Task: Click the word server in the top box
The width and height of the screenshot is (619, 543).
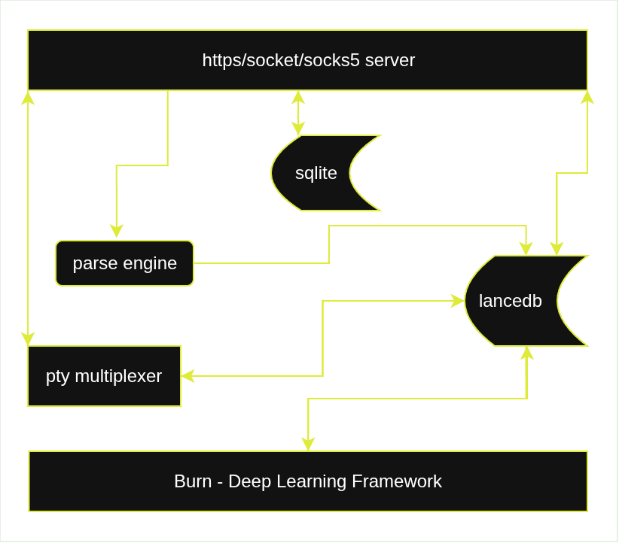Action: (389, 60)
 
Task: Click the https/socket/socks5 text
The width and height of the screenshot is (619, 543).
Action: (281, 60)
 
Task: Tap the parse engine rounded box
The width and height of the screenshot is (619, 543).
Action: (124, 263)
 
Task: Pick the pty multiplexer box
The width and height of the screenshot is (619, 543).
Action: (104, 376)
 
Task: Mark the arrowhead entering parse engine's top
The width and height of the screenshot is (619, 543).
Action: (116, 232)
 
